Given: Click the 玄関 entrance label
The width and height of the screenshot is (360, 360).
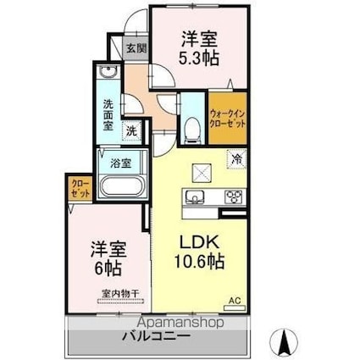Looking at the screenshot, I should tap(136, 48).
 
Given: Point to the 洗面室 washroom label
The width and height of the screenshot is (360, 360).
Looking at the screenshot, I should tap(109, 114).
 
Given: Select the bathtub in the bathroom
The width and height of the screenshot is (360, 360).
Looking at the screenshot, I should tap(121, 185).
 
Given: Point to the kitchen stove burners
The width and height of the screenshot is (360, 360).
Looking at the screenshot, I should tap(233, 197).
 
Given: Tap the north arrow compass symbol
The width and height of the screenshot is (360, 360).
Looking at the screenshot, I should tap(284, 342).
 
